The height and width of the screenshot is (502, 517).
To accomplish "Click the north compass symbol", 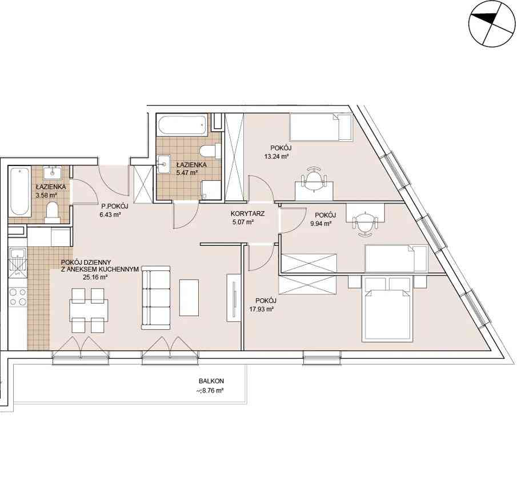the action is click(492, 24).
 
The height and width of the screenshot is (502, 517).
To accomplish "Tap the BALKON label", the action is click(211, 381).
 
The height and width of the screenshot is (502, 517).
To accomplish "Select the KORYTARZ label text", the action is click(247, 214).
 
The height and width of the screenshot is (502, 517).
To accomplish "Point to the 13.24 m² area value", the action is click(276, 157).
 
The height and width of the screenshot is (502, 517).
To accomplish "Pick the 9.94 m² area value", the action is click(321, 224).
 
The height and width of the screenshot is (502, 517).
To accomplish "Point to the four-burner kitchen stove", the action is click(18, 297).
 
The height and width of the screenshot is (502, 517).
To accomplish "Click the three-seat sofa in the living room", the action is click(155, 298).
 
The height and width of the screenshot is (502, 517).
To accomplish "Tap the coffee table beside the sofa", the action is click(189, 298).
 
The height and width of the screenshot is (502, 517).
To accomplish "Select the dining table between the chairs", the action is click(89, 310).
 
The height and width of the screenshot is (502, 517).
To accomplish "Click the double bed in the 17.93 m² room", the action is click(387, 309).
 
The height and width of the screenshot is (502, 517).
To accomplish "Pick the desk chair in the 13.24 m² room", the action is click(314, 179).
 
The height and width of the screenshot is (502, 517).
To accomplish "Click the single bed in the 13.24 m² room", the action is click(321, 127).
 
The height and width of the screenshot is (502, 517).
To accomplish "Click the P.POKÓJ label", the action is click(114, 207).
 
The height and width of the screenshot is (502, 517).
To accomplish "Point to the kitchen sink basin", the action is click(18, 254).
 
